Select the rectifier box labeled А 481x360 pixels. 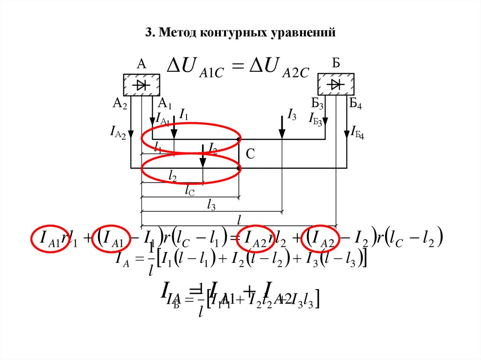click(x=141, y=85)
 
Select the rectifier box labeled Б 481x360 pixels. click(x=336, y=85)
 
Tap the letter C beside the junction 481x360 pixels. click(x=250, y=154)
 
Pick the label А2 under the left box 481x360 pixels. click(x=120, y=104)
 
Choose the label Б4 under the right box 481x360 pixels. click(x=355, y=104)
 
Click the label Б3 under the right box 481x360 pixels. click(x=318, y=104)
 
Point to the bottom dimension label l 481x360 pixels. click(x=239, y=219)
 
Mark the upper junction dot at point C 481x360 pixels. click(x=239, y=139)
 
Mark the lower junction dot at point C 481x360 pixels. click(x=239, y=168)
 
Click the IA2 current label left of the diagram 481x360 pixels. click(x=117, y=133)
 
